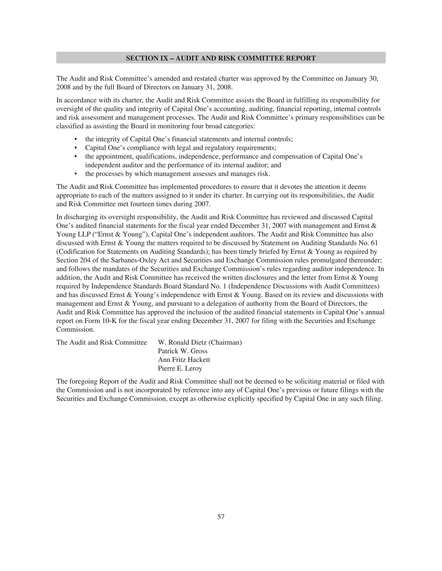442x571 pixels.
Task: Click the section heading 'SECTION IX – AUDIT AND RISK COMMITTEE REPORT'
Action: (x=221, y=58)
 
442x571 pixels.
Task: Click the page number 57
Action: (x=221, y=517)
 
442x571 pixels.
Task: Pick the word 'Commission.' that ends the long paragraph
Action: (x=75, y=329)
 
